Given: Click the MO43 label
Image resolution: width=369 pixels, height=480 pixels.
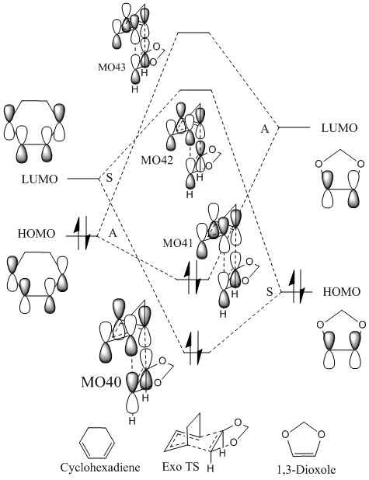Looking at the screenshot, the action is [112, 68].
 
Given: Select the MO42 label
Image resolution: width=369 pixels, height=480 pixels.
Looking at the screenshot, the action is [157, 160].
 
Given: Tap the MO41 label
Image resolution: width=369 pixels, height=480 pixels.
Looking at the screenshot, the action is [178, 243].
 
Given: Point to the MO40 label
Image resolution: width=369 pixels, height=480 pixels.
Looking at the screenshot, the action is [101, 382].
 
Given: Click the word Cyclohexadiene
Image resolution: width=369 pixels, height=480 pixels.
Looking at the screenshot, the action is [100, 468].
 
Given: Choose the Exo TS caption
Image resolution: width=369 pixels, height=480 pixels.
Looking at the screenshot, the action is [181, 467].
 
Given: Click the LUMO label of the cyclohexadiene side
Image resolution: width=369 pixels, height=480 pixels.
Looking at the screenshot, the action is [40, 179].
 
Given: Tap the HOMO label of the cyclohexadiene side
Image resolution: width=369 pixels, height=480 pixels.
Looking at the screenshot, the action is [37, 234].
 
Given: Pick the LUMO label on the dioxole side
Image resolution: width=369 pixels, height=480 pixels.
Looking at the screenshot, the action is [339, 128].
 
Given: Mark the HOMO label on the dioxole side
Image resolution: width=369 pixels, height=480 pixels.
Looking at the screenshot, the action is [342, 292].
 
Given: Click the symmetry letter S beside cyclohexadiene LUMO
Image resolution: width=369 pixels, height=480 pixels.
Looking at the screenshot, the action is [110, 178].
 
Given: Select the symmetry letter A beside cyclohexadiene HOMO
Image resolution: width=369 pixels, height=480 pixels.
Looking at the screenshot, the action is [113, 233].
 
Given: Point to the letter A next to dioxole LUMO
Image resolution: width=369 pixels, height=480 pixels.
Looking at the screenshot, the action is [265, 129].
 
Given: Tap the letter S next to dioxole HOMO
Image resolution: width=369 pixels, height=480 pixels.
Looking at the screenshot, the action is [270, 292].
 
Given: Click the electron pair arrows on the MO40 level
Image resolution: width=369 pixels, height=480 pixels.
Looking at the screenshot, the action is [194, 348].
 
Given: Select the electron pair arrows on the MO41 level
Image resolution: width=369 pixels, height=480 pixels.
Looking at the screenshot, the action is [193, 277].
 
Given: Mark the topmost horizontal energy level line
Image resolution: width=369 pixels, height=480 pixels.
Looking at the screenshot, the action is [194, 32].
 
